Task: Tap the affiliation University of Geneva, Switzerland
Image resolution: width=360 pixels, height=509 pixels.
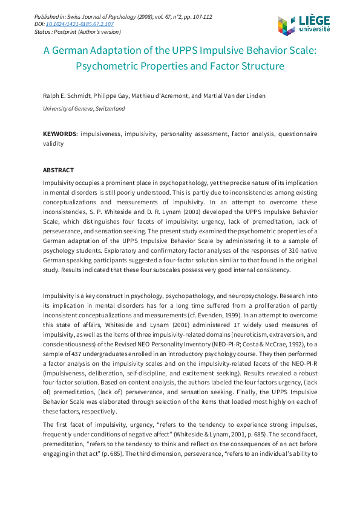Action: (83, 108)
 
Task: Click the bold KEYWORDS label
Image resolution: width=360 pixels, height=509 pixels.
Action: (59, 133)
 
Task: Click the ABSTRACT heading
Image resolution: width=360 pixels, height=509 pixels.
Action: (58, 170)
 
